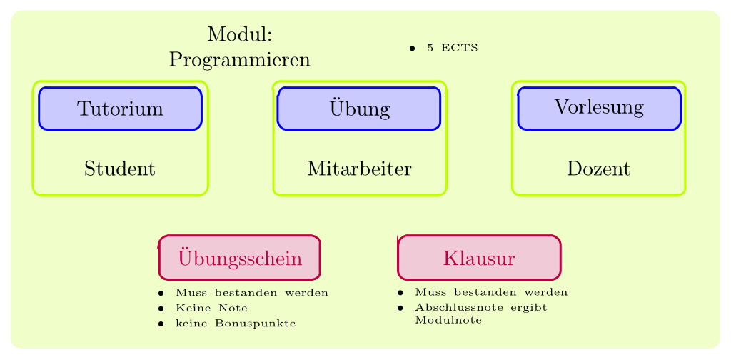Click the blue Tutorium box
120,108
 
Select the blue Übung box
359,108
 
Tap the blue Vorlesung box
599,108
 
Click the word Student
120,169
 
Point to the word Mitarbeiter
360,169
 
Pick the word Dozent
599,169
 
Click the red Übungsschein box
240,258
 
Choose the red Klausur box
479,258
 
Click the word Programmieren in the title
240,60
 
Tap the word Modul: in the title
240,34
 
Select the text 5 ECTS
452,48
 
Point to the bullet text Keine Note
211,308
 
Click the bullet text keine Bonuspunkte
236,323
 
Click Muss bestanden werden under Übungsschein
252,293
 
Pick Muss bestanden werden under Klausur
491,292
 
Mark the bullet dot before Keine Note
161,309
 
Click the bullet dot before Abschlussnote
400,308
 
